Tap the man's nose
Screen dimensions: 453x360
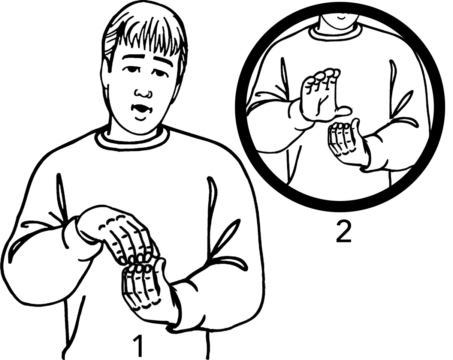[x=142, y=93]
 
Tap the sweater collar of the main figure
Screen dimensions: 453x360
[x=132, y=141]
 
